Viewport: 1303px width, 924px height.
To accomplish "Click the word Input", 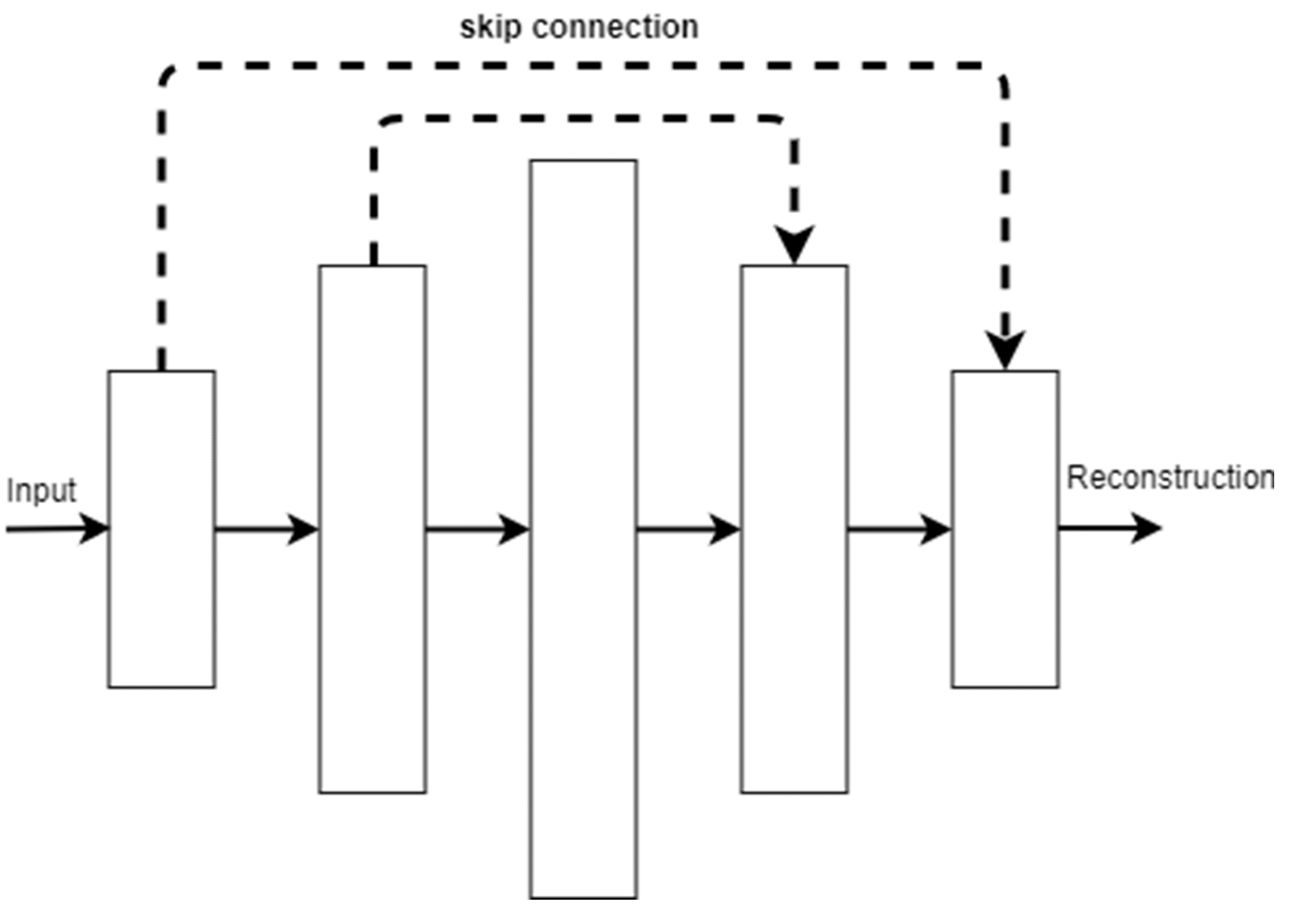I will point(41,490).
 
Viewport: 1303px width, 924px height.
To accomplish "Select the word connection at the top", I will point(615,27).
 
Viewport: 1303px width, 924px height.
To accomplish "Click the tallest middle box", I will point(583,529).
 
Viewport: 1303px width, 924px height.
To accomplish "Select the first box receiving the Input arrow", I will point(161,529).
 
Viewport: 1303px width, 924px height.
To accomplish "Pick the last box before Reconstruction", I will point(1005,529).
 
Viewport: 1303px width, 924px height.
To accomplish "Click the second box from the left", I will point(372,529).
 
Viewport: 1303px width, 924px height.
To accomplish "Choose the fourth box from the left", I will point(794,529).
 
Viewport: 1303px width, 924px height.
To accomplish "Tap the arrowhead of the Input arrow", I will point(94,529).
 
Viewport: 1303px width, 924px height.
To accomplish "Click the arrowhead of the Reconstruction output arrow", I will point(1146,529).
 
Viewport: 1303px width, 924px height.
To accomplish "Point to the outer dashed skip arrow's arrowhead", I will point(1005,350).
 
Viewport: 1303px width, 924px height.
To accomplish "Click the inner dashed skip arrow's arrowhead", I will point(794,244).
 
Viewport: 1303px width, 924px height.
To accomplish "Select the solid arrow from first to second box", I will point(266,530).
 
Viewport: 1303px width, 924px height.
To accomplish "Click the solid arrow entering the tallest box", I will point(477,530).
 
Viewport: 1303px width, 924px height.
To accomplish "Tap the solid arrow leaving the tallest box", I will point(687,530).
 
